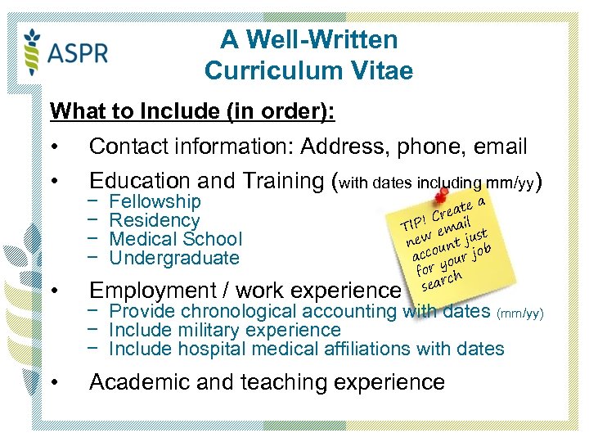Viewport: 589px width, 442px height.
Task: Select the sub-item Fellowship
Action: tap(155, 201)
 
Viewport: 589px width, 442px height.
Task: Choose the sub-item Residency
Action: tap(154, 220)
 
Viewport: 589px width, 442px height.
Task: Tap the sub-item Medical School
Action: tap(175, 239)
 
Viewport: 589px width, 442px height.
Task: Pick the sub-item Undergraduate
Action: tap(173, 258)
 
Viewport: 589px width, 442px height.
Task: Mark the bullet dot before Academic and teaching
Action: tap(53, 382)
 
